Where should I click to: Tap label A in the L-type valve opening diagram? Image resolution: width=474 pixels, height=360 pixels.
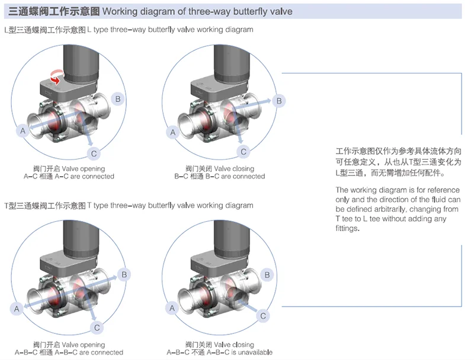[23, 130]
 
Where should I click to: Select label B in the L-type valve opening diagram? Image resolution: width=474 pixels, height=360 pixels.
[118, 98]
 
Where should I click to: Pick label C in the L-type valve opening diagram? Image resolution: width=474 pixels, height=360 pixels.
[93, 154]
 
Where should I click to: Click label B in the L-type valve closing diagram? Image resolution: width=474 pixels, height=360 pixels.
[279, 101]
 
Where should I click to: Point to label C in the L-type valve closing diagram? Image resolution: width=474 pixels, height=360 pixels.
[243, 152]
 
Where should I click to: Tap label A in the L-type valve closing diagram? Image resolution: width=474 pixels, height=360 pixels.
[173, 132]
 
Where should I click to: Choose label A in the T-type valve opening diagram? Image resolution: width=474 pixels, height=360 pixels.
[17, 308]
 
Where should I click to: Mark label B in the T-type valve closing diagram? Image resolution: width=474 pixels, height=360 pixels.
[267, 275]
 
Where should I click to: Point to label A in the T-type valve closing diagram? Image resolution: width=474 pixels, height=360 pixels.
[172, 308]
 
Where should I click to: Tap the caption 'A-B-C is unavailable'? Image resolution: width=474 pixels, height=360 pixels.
[242, 352]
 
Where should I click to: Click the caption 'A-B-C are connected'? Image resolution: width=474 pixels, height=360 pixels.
[89, 352]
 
